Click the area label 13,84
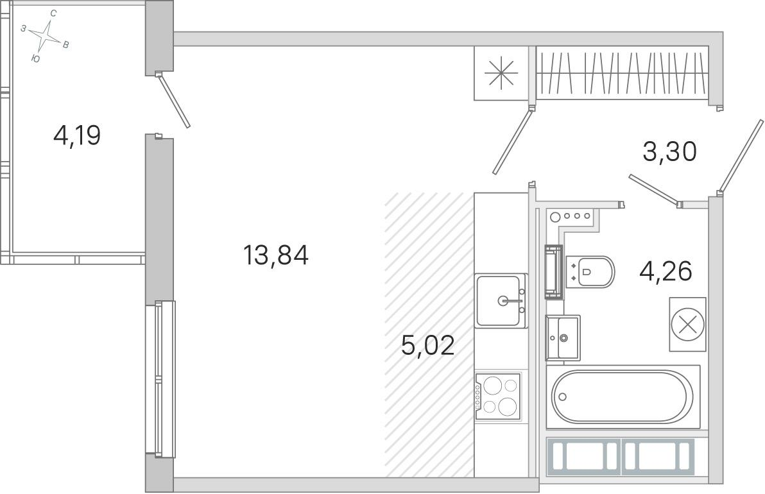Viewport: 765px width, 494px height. [x=276, y=255]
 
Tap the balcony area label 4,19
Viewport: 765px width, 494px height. [x=77, y=135]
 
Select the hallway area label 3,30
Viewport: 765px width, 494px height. [x=669, y=151]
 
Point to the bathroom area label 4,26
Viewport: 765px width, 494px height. [x=666, y=271]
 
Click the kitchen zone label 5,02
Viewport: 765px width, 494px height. [x=428, y=345]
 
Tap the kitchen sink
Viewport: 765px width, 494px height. [x=501, y=300]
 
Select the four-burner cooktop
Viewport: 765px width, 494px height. [x=498, y=395]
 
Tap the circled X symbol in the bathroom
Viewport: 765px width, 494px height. [x=688, y=324]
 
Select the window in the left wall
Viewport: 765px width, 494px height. [x=160, y=379]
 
